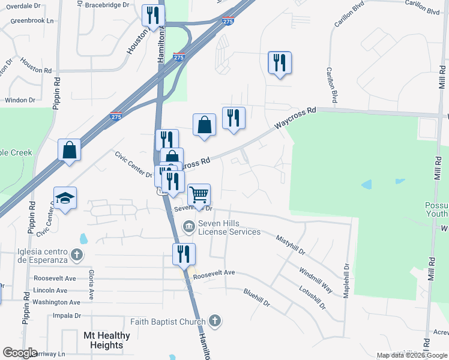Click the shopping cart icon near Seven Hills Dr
[x=199, y=194]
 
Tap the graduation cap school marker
[x=65, y=199]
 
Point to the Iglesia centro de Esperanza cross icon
[x=76, y=255]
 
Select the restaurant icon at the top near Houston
[x=153, y=15]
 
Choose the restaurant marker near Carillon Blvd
[x=279, y=62]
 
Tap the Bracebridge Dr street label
[x=107, y=4]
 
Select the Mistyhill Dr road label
[x=291, y=245]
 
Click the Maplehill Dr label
[x=346, y=283]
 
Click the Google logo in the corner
[x=20, y=353]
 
